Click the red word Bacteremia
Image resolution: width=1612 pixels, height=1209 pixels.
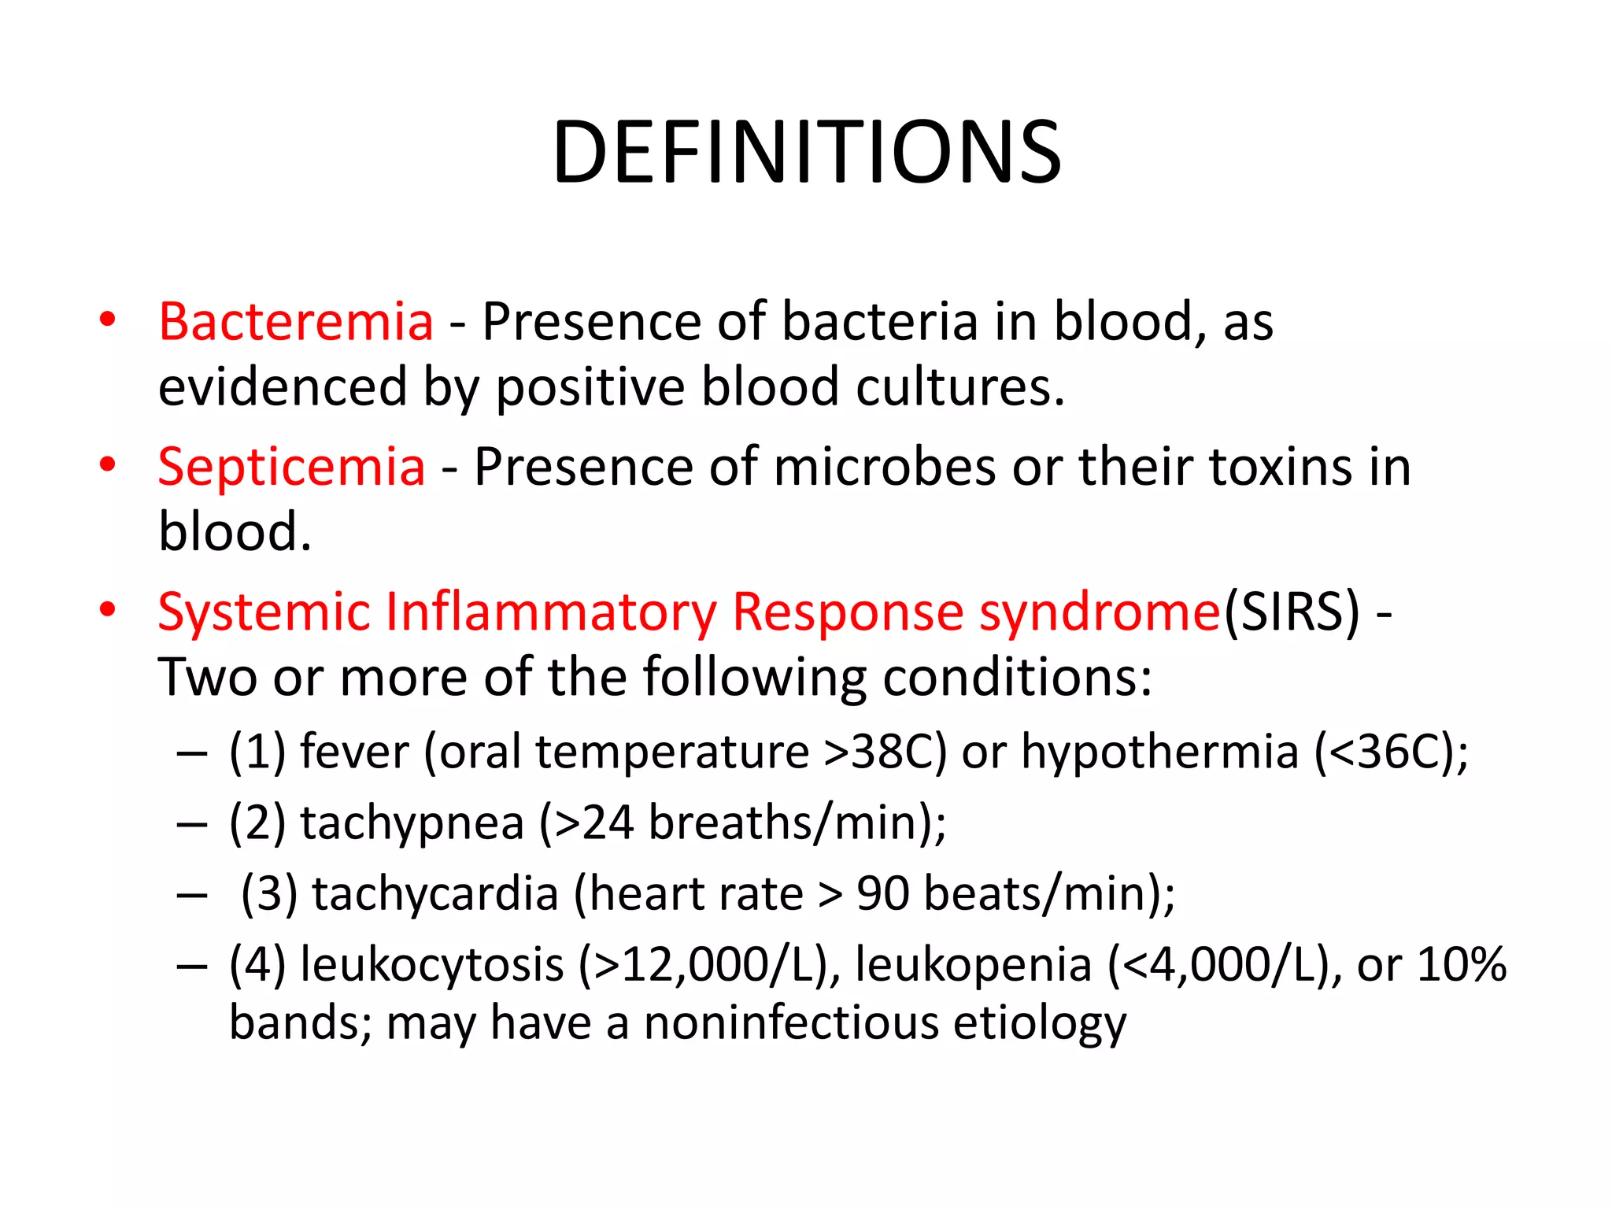295,322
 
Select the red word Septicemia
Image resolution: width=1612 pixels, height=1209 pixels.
291,467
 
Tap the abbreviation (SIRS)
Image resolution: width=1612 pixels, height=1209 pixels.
1291,612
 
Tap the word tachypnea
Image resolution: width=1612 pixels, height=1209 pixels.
412,823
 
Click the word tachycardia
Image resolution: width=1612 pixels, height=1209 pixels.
435,894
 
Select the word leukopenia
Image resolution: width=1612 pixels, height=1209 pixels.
973,965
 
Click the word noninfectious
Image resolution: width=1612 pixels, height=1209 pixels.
791,1023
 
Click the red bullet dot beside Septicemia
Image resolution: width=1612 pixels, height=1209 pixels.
108,464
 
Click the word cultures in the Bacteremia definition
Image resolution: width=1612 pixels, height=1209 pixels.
959,387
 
